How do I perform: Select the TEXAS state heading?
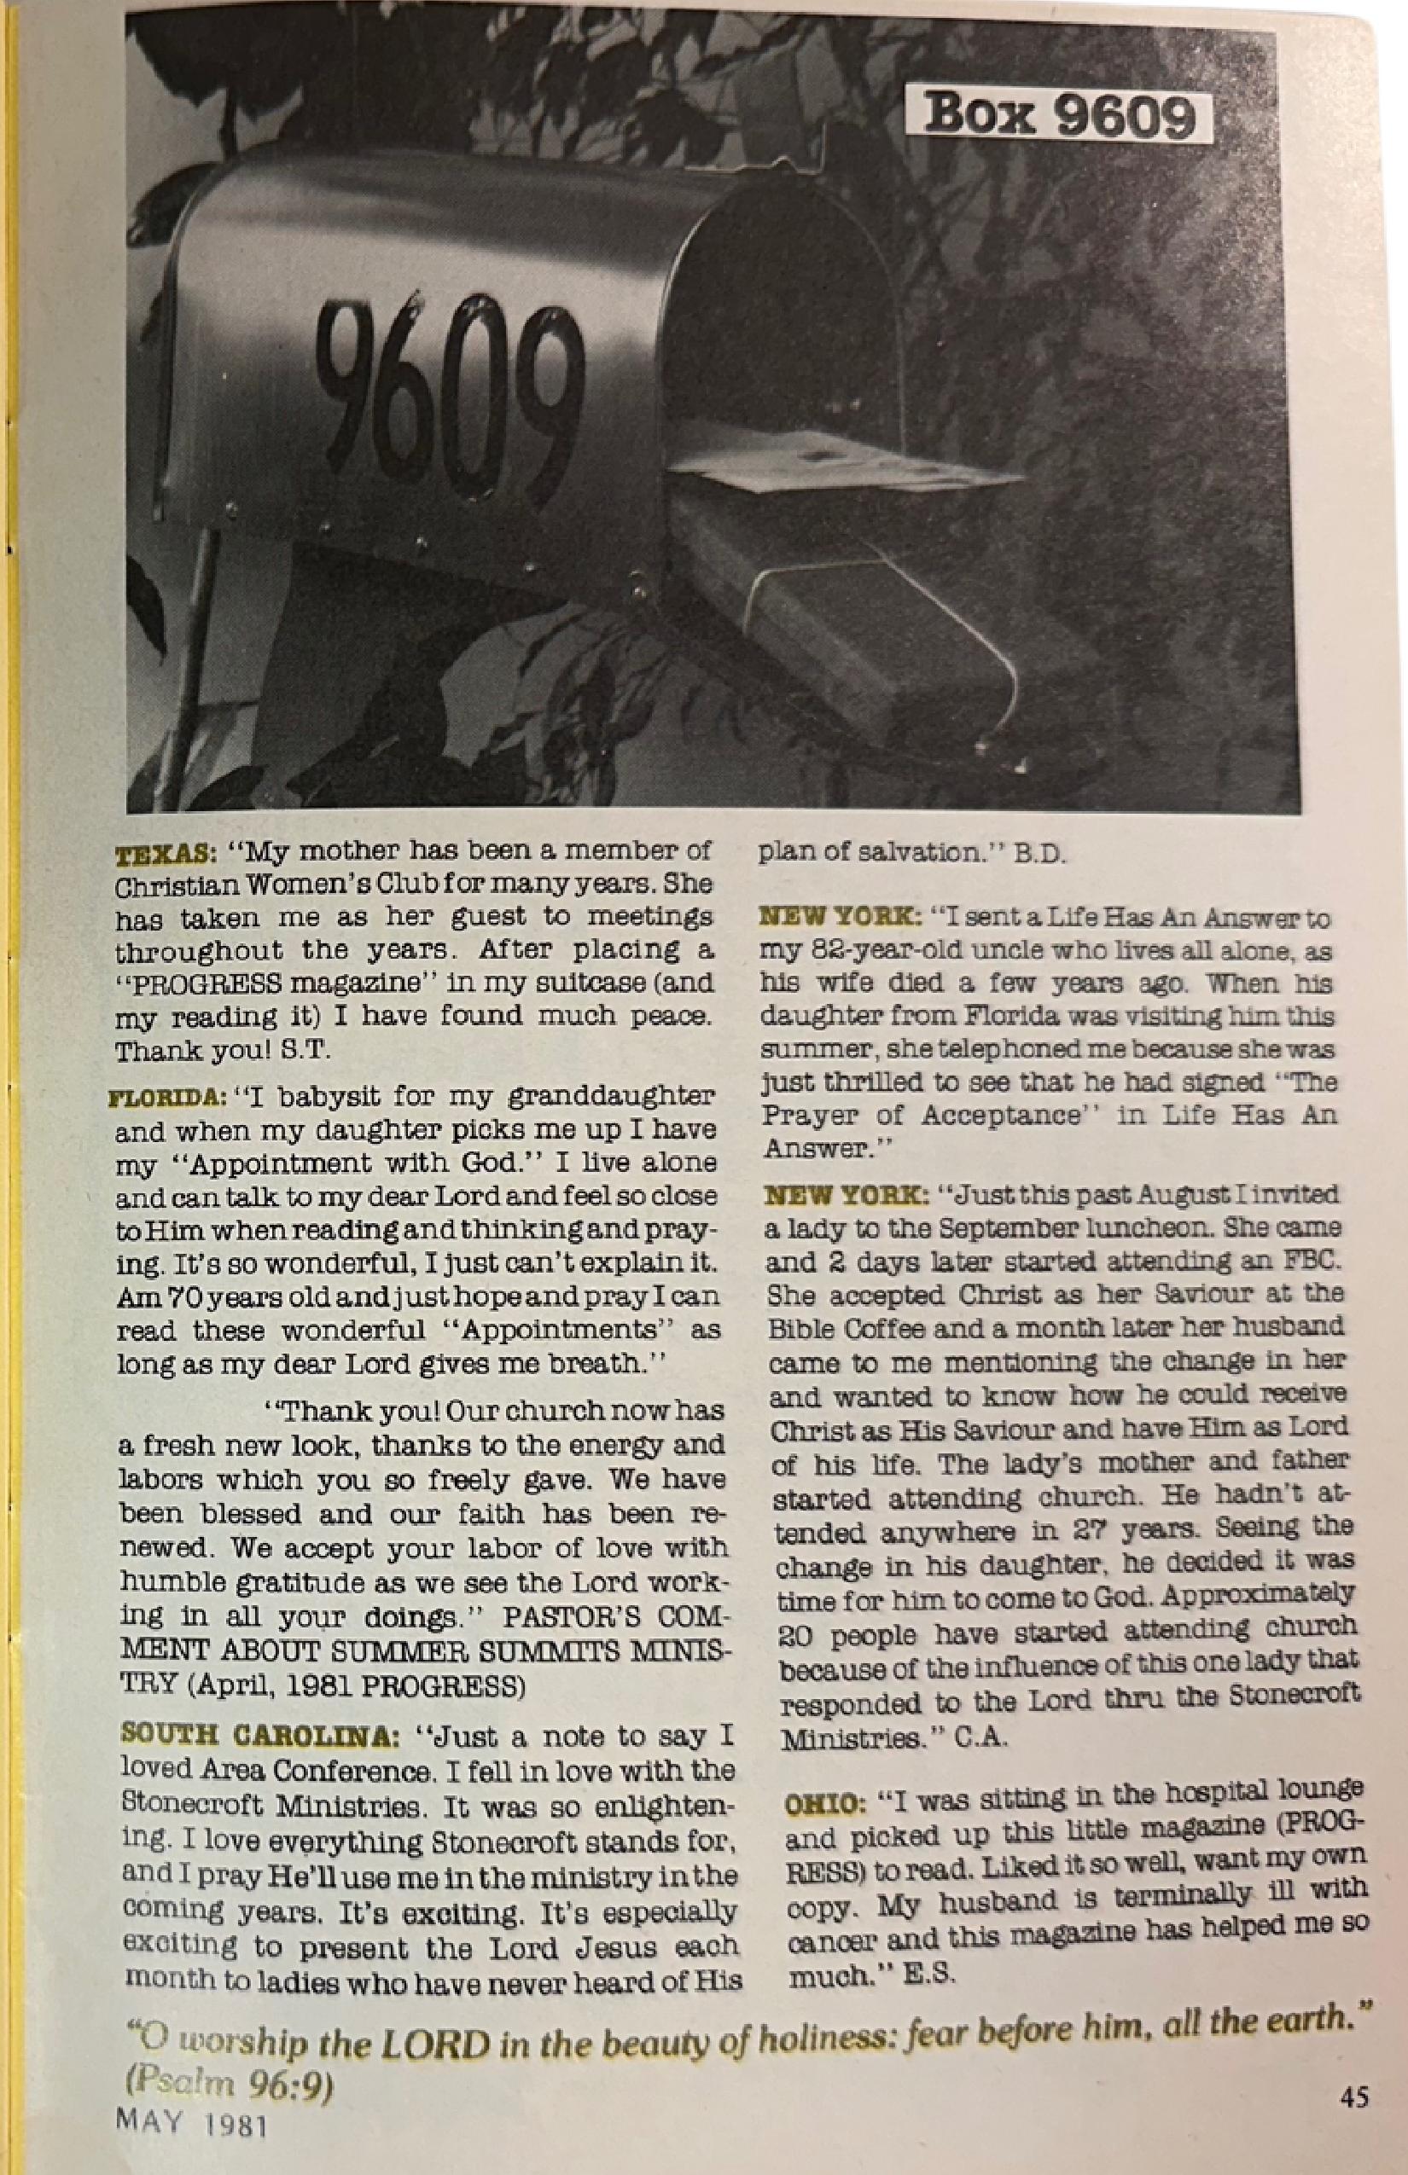(x=163, y=854)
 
